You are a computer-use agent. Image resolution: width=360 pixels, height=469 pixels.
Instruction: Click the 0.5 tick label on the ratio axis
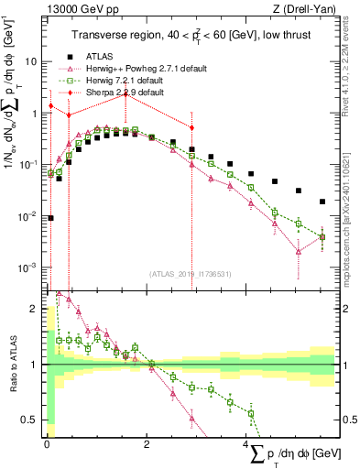click(30, 420)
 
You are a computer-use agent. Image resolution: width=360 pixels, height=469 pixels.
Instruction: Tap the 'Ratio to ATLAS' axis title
click(12, 365)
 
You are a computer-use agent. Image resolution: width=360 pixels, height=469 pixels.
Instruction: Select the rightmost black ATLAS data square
click(322, 202)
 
